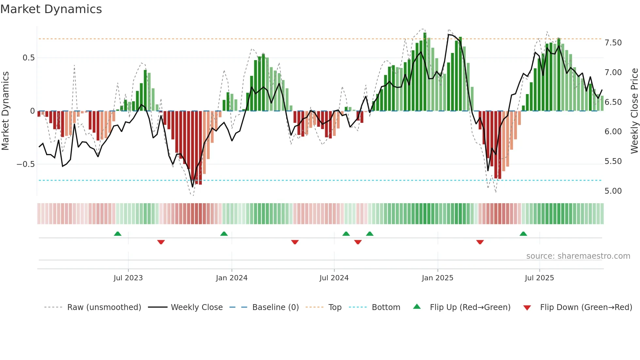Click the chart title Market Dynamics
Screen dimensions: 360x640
tap(51, 9)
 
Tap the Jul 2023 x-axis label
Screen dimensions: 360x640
tap(128, 278)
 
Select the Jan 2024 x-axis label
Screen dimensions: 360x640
tap(232, 278)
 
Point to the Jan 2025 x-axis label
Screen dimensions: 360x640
tap(437, 278)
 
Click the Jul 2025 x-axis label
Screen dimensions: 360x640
tap(539, 278)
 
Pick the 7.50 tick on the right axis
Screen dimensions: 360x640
tap(613, 43)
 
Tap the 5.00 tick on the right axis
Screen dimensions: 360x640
tap(613, 191)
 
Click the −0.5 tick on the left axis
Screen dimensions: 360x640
tap(26, 164)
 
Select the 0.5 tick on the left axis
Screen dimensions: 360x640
tap(28, 58)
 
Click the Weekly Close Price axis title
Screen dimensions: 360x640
tap(634, 111)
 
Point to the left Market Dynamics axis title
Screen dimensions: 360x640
tap(5, 111)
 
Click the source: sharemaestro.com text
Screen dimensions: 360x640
tap(578, 256)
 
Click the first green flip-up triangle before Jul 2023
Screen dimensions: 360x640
tap(118, 234)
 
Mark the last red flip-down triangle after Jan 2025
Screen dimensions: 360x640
tap(480, 242)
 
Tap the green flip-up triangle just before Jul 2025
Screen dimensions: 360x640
tap(523, 234)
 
